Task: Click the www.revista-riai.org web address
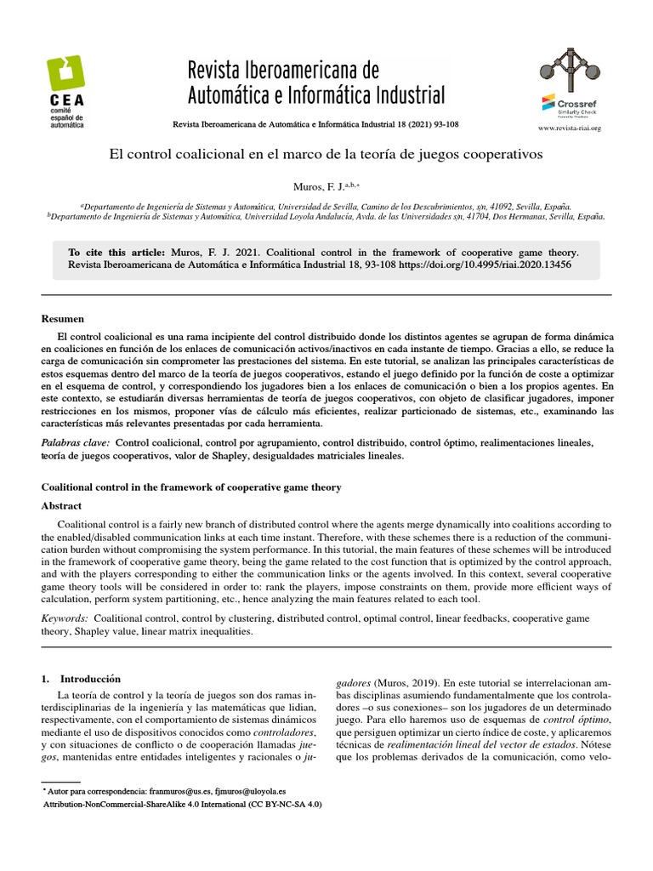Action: pos(570,128)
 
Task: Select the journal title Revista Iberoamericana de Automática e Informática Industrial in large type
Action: pos(315,81)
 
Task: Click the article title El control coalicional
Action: pos(326,156)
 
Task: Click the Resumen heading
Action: pos(63,319)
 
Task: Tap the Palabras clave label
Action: pos(76,443)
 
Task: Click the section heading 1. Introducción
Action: pos(82,679)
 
